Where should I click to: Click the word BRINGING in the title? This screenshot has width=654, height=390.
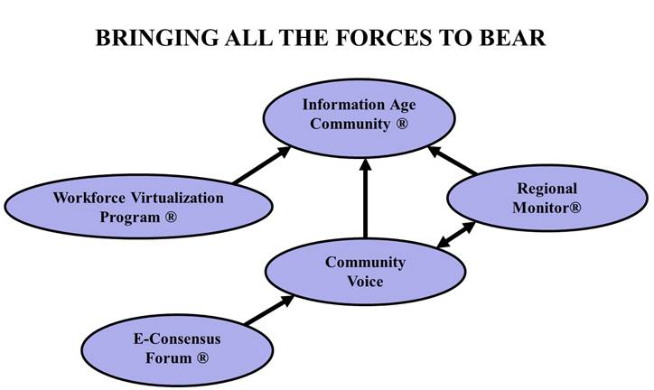tap(157, 38)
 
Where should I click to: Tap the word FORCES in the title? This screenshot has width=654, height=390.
tap(384, 38)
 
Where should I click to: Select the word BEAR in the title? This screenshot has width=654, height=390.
tap(512, 38)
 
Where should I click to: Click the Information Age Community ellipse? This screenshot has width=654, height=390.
tap(360, 118)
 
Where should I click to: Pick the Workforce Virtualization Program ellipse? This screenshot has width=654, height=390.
tap(138, 206)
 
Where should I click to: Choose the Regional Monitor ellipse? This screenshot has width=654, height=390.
tap(547, 198)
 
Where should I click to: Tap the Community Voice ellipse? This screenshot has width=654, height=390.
tap(365, 271)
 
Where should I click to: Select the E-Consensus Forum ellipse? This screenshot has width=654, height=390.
tap(177, 349)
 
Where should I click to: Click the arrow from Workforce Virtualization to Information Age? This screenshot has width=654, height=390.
tap(262, 165)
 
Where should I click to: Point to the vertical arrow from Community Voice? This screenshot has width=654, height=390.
tap(365, 199)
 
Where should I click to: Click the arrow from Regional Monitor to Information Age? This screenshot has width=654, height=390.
tap(453, 160)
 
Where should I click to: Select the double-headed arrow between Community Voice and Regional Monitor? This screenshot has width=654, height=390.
tap(456, 235)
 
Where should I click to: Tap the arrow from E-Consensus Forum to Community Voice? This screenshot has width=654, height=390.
tap(269, 310)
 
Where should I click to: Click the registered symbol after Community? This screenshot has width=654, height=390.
tap(402, 124)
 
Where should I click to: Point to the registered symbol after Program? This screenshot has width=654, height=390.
tap(171, 217)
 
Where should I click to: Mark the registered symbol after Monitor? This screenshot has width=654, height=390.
tap(575, 207)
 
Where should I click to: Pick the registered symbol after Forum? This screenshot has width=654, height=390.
tap(202, 357)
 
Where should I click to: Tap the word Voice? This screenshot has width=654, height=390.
tap(365, 282)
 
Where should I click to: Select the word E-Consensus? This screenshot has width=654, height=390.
tap(177, 339)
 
